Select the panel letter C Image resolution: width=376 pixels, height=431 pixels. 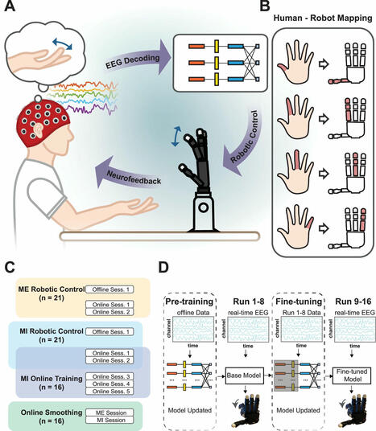[x=11, y=267]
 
